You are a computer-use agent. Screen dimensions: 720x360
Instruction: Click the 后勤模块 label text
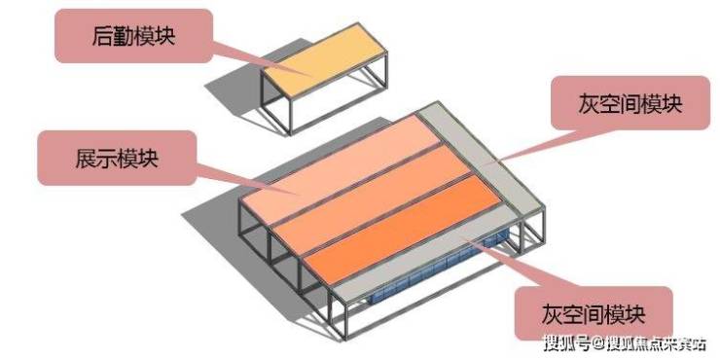pyautogui.click(x=133, y=37)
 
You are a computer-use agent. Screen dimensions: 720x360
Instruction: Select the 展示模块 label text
pyautogui.click(x=117, y=159)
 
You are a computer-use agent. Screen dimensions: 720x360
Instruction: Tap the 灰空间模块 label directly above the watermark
pyautogui.click(x=594, y=314)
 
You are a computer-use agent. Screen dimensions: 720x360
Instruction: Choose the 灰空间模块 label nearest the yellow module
pyautogui.click(x=630, y=104)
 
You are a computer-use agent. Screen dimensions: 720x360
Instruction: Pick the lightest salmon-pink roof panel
pyautogui.click(x=341, y=169)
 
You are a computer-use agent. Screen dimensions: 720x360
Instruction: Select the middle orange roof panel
pyautogui.click(x=372, y=198)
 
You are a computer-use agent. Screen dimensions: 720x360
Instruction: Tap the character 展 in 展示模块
pyautogui.click(x=86, y=159)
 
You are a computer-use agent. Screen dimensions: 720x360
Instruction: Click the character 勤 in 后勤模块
pyautogui.click(x=124, y=37)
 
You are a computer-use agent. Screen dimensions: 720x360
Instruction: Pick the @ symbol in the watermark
pyautogui.click(x=597, y=343)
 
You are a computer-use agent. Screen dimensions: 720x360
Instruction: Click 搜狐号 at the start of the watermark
pyautogui.click(x=566, y=343)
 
